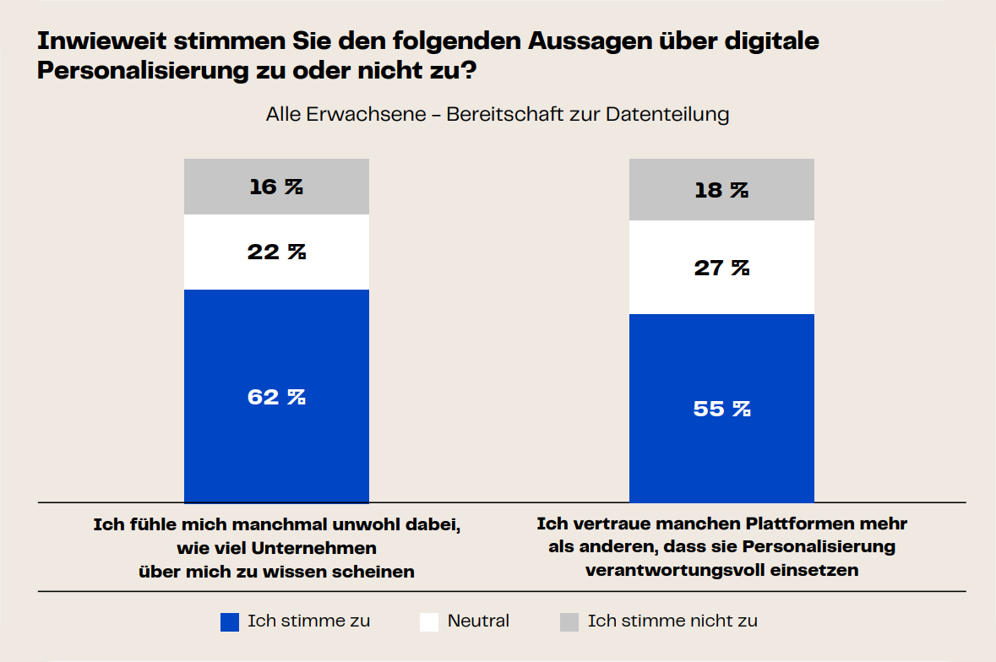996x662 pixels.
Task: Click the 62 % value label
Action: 276,397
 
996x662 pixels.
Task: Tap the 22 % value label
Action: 276,252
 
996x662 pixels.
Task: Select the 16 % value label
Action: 276,187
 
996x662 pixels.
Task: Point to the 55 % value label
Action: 721,409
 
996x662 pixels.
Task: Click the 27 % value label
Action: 721,268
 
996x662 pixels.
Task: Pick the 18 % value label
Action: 721,190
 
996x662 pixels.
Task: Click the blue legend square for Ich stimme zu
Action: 230,622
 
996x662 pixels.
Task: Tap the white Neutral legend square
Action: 429,622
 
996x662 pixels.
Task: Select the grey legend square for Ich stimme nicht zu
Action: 569,622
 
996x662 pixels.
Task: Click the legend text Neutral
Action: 478,621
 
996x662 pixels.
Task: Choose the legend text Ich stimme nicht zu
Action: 672,621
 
